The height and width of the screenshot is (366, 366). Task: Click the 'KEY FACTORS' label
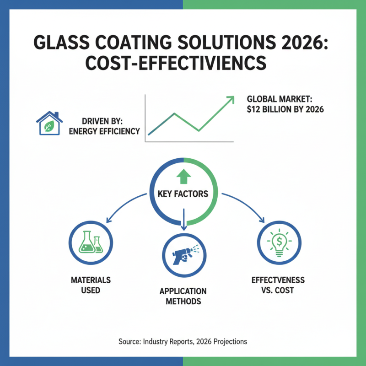tap(183, 194)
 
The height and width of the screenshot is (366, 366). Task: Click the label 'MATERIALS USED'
tap(91, 285)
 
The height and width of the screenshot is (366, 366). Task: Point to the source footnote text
tap(183, 341)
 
